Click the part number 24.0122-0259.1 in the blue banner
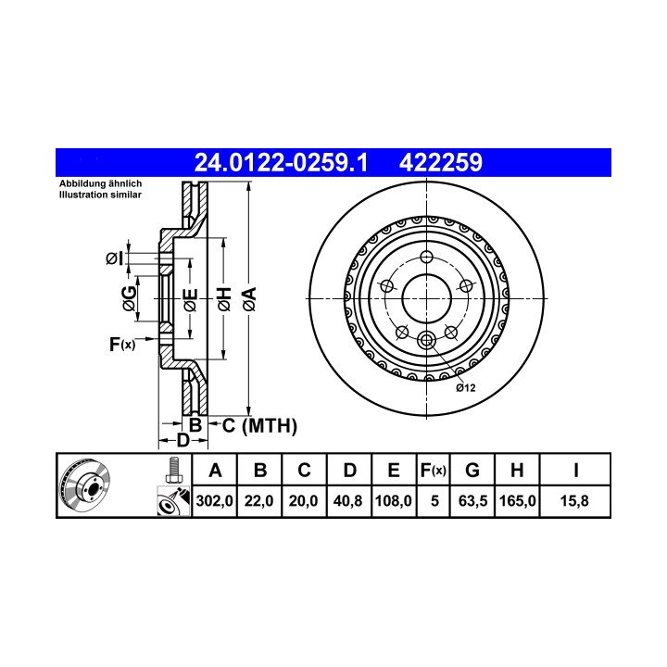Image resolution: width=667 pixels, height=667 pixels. pos(281,162)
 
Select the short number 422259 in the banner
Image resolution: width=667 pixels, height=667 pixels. pos(441,162)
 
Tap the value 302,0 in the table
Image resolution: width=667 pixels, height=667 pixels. pos(214,500)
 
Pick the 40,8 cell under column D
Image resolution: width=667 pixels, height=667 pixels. pos(347,500)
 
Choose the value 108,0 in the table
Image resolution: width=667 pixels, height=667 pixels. pos(394,500)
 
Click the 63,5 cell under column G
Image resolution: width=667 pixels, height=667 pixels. pos(472,500)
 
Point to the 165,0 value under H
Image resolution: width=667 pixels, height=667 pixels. pos(517,500)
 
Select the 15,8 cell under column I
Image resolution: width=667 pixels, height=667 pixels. pos(574,500)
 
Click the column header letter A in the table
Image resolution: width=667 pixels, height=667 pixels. pos(215,471)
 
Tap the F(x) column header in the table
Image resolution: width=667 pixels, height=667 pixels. pos(433,471)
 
